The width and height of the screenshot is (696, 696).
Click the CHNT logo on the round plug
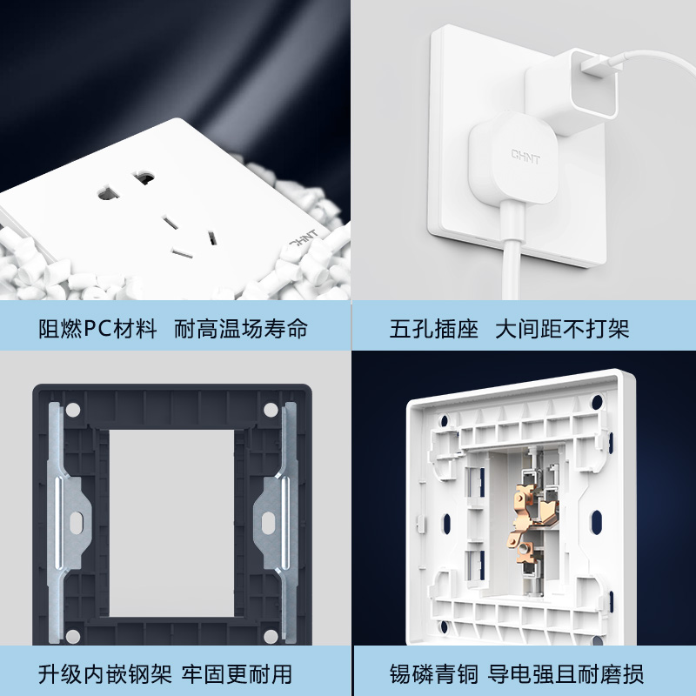[x=525, y=157]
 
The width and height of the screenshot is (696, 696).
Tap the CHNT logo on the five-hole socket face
[x=304, y=238]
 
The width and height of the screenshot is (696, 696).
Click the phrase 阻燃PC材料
[x=97, y=329]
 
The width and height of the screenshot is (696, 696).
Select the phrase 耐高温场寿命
[x=241, y=329]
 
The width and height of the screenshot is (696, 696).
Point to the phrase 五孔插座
[x=434, y=329]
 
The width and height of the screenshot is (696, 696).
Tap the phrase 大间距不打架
[x=562, y=329]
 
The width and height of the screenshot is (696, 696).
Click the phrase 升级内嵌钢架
[x=104, y=674]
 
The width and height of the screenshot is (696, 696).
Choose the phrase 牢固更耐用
[x=237, y=674]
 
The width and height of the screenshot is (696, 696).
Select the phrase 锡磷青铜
[x=434, y=674]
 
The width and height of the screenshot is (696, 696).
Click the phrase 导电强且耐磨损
[x=565, y=674]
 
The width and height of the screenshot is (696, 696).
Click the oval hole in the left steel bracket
[x=77, y=523]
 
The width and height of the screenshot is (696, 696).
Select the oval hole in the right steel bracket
[x=268, y=523]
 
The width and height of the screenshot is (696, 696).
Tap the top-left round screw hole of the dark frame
[x=73, y=410]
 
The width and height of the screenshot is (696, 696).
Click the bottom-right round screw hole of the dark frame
[x=271, y=636]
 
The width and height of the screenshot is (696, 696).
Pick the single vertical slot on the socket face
[x=212, y=238]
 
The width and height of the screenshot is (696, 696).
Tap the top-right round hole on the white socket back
[x=598, y=402]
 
